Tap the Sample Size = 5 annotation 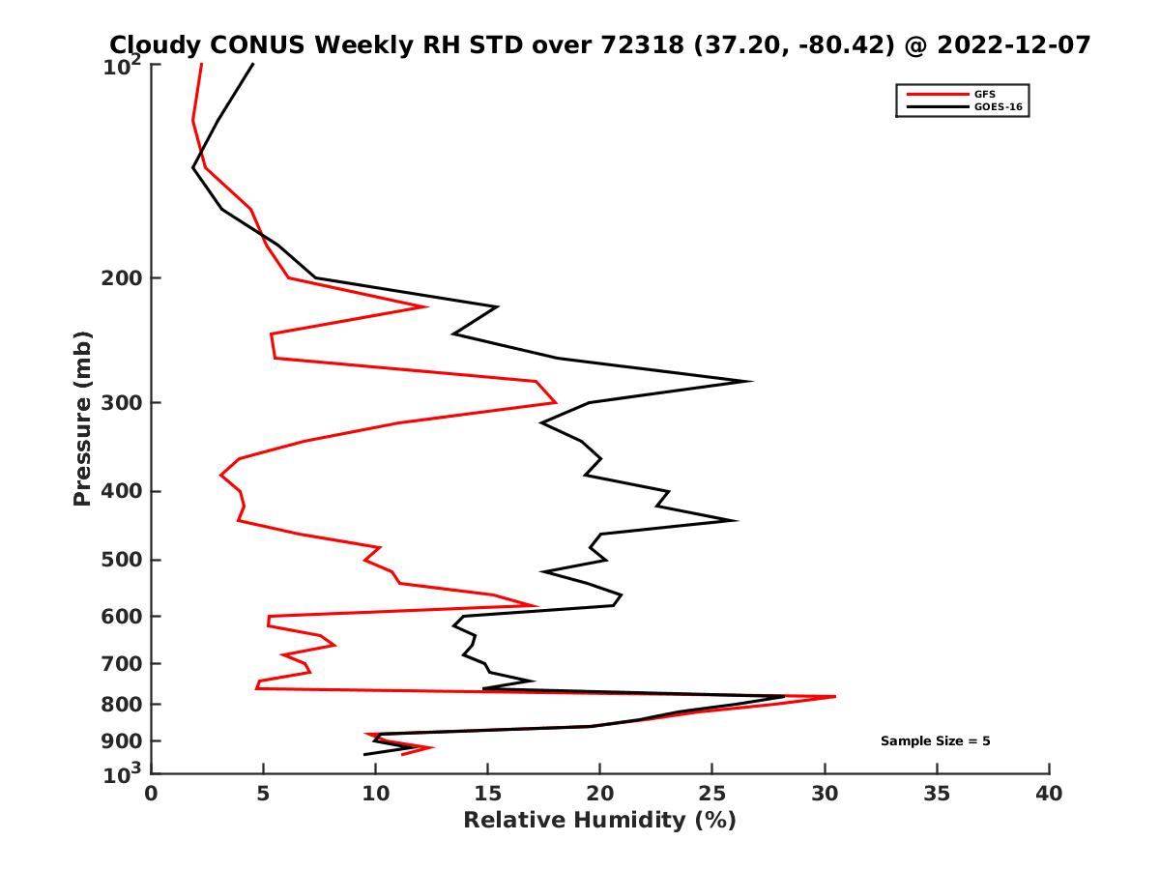tap(935, 741)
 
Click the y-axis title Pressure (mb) tap(82, 418)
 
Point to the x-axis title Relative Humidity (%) tap(599, 821)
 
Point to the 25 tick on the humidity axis tap(712, 794)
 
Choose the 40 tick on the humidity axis tap(1049, 794)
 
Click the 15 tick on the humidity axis tap(488, 794)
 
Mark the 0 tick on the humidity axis tap(152, 794)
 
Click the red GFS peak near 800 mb tap(834, 696)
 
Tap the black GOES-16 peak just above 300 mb tap(750, 381)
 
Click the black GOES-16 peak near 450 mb tap(736, 520)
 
